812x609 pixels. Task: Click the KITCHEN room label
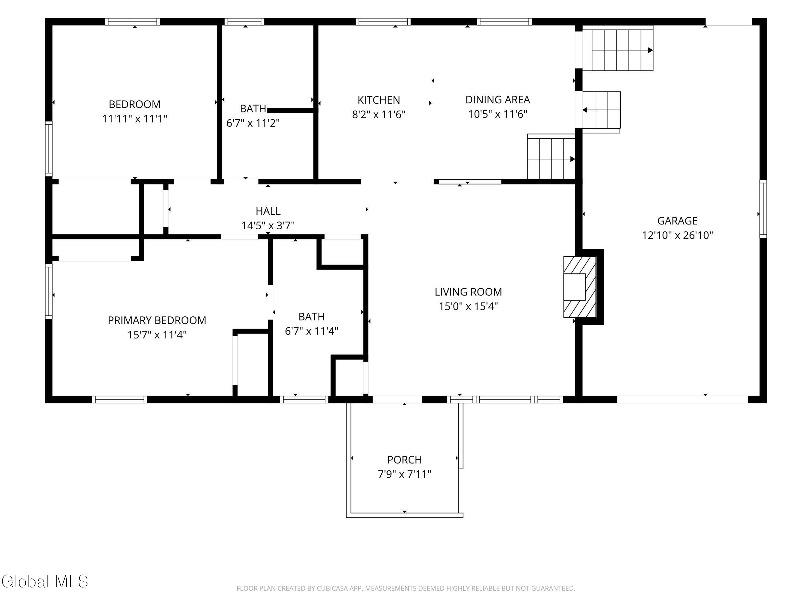(x=378, y=100)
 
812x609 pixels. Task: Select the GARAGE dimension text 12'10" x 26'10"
(x=677, y=235)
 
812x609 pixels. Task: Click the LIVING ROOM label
(x=468, y=292)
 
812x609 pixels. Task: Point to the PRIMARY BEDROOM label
(x=157, y=321)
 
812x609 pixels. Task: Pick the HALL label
(x=268, y=211)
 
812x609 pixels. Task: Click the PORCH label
(x=404, y=460)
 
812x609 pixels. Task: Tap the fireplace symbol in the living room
(x=580, y=287)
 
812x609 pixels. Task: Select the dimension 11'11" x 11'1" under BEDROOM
(x=135, y=119)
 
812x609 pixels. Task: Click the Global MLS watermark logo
(x=45, y=581)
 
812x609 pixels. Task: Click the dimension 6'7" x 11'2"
(x=253, y=123)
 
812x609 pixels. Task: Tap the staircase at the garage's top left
(x=618, y=48)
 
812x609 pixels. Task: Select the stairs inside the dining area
(x=551, y=157)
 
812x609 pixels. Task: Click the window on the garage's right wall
(x=763, y=209)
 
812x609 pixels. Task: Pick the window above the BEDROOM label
(x=133, y=22)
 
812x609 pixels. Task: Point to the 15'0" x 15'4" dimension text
(x=468, y=307)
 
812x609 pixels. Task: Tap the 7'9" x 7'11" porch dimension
(x=404, y=474)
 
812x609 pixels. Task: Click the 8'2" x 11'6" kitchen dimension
(x=378, y=115)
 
